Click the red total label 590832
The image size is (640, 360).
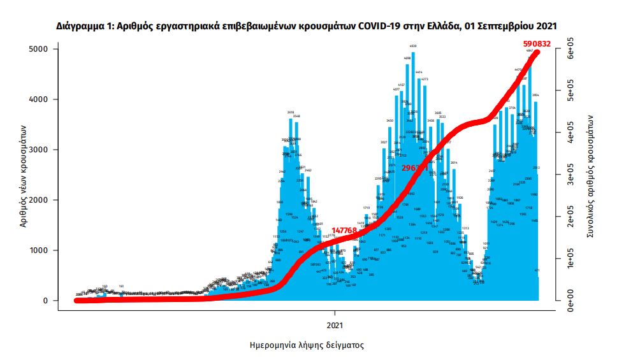coord(536,44)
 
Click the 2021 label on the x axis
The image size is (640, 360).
coord(335,324)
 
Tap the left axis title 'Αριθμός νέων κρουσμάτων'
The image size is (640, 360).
coord(23,175)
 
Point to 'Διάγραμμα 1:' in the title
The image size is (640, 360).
coord(84,26)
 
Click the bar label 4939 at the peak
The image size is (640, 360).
coord(413,47)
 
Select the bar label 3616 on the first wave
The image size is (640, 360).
coord(290,113)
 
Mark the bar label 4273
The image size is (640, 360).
coord(425,80)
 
